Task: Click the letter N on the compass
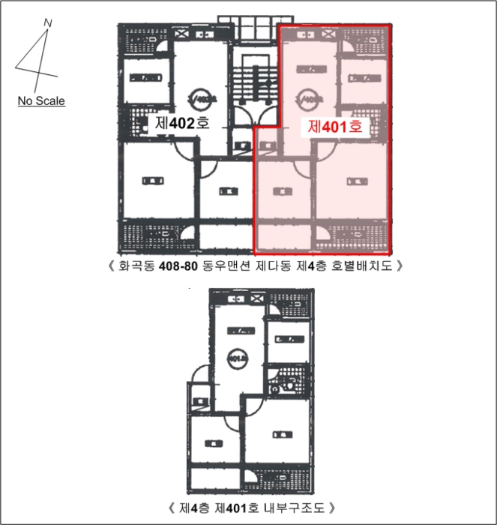48,22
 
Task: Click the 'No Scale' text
42,100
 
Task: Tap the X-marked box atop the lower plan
256,297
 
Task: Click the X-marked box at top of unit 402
182,34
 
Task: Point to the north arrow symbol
37,56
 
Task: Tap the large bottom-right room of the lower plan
277,435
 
